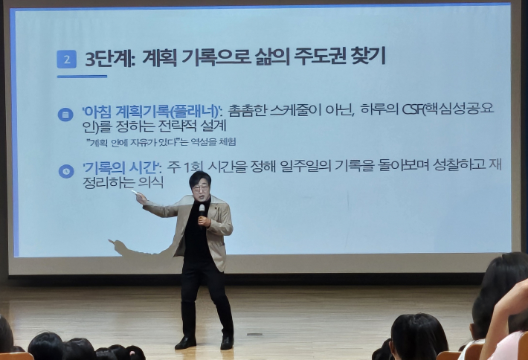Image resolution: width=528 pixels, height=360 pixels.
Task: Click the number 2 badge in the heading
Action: [x=66, y=59]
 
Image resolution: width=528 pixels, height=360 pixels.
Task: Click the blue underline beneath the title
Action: [x=82, y=77]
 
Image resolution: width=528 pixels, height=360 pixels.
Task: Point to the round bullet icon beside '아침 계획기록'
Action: [x=65, y=115]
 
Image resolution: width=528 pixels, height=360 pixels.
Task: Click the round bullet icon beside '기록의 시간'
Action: [x=65, y=171]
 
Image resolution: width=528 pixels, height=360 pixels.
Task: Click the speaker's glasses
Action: [x=199, y=190]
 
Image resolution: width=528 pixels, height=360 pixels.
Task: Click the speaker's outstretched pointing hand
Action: [x=140, y=198]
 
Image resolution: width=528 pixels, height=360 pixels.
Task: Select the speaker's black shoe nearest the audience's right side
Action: [x=226, y=342]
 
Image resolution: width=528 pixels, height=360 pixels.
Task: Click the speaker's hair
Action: [x=199, y=178]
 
